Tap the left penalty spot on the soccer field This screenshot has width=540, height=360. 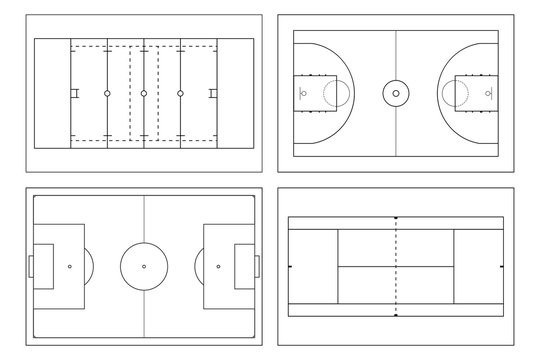tap(69, 266)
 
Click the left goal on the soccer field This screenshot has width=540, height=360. tap(31, 266)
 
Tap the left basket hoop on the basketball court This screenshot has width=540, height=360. tap(304, 94)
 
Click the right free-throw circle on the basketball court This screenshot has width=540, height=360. tap(454, 94)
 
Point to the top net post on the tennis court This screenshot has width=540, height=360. tap(396, 217)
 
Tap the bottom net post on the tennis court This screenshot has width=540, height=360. tap(396, 315)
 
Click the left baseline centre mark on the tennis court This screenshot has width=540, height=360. tap(290, 266)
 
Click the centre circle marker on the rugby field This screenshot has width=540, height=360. tap(144, 94)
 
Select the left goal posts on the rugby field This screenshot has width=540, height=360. tap(74, 94)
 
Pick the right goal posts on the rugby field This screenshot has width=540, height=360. tap(213, 94)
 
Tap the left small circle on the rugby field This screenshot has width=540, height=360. tap(107, 94)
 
